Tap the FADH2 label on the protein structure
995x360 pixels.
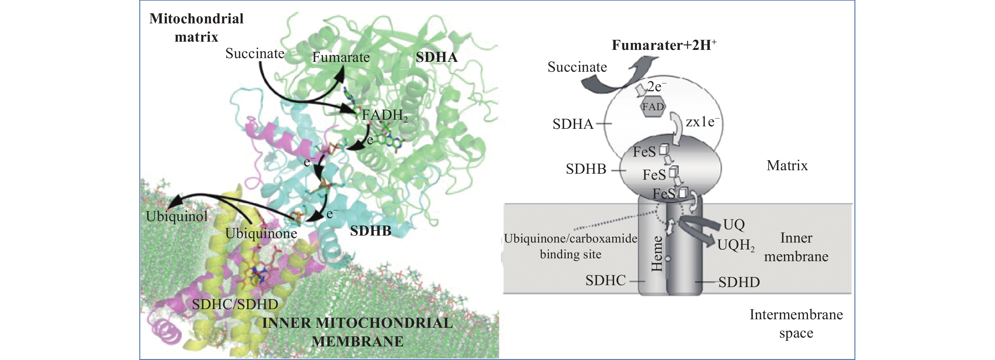[x=384, y=115]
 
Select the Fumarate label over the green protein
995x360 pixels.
[x=341, y=57]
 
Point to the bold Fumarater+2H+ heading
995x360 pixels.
[x=664, y=45]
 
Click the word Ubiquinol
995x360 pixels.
[x=177, y=216]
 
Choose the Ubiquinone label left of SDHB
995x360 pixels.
[x=261, y=233]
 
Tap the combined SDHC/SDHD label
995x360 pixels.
[x=235, y=304]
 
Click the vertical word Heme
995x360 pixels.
[x=657, y=254]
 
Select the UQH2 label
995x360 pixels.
[x=736, y=245]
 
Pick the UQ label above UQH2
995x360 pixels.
[x=734, y=225]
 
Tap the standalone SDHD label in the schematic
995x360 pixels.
[x=739, y=282]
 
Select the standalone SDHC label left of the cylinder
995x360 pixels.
[x=605, y=280]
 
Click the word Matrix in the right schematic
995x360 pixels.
[x=787, y=166]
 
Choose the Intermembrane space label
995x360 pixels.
[x=796, y=324]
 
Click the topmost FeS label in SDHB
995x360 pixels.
[x=644, y=152]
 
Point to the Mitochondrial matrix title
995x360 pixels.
[x=196, y=28]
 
